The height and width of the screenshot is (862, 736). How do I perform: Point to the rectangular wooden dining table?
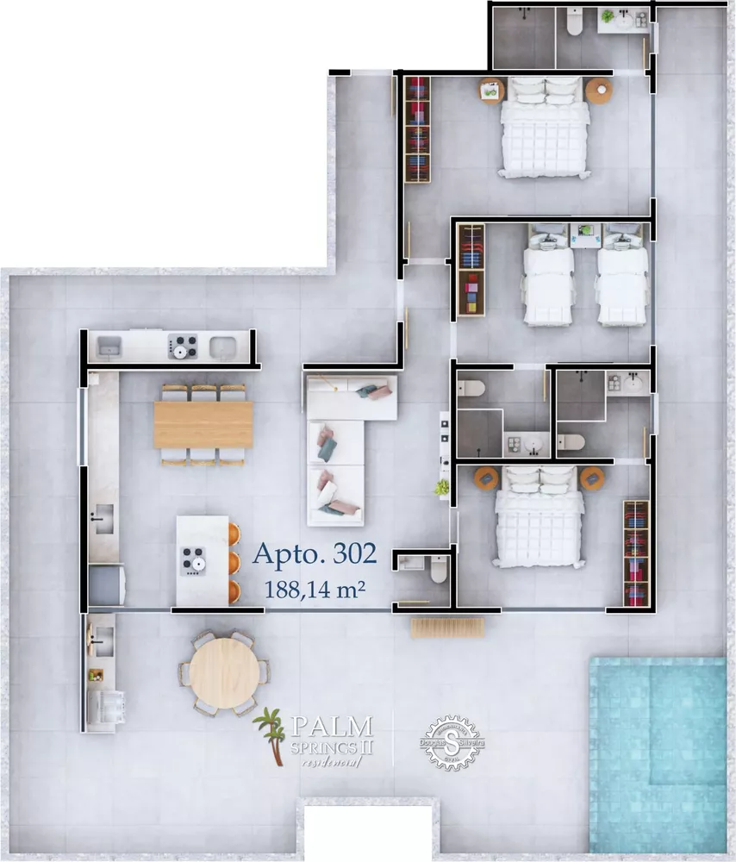[203, 425]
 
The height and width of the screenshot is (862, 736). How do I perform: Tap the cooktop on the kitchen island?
[193, 562]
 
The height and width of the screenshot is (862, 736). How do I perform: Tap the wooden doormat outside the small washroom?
[443, 628]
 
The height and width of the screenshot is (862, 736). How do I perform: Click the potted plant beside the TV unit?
[442, 488]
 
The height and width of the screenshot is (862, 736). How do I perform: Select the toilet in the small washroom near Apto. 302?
[439, 569]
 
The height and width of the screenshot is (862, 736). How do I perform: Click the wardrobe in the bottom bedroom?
[635, 553]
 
